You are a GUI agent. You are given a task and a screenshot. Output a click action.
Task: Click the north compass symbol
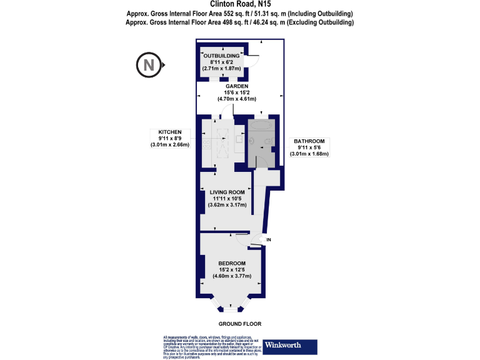[148, 64]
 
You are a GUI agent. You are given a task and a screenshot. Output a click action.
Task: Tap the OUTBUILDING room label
[222, 56]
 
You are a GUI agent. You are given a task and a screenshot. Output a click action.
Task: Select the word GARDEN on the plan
[236, 86]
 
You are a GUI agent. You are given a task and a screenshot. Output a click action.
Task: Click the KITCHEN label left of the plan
[169, 132]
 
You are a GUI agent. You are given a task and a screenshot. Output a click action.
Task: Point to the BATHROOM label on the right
[309, 141]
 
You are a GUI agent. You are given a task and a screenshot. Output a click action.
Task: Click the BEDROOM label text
[232, 262]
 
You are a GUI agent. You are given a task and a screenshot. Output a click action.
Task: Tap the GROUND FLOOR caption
[239, 324]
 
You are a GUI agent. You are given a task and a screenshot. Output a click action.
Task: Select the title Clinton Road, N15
[240, 4]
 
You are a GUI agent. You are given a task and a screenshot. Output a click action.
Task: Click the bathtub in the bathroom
[260, 126]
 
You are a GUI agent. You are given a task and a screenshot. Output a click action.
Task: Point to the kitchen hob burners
[207, 143]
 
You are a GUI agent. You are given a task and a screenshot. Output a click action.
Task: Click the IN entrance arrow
[259, 239]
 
